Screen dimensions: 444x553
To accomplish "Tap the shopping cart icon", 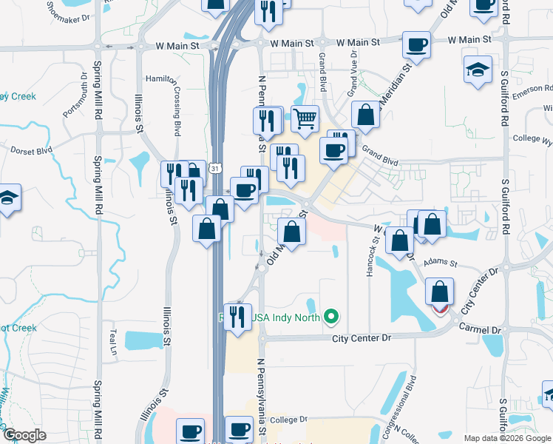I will pos(305,117).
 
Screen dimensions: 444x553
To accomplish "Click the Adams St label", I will pos(443,263).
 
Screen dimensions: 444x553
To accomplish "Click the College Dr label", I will pos(288,420).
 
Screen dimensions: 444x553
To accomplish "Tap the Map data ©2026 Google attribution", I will pos(507,438).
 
